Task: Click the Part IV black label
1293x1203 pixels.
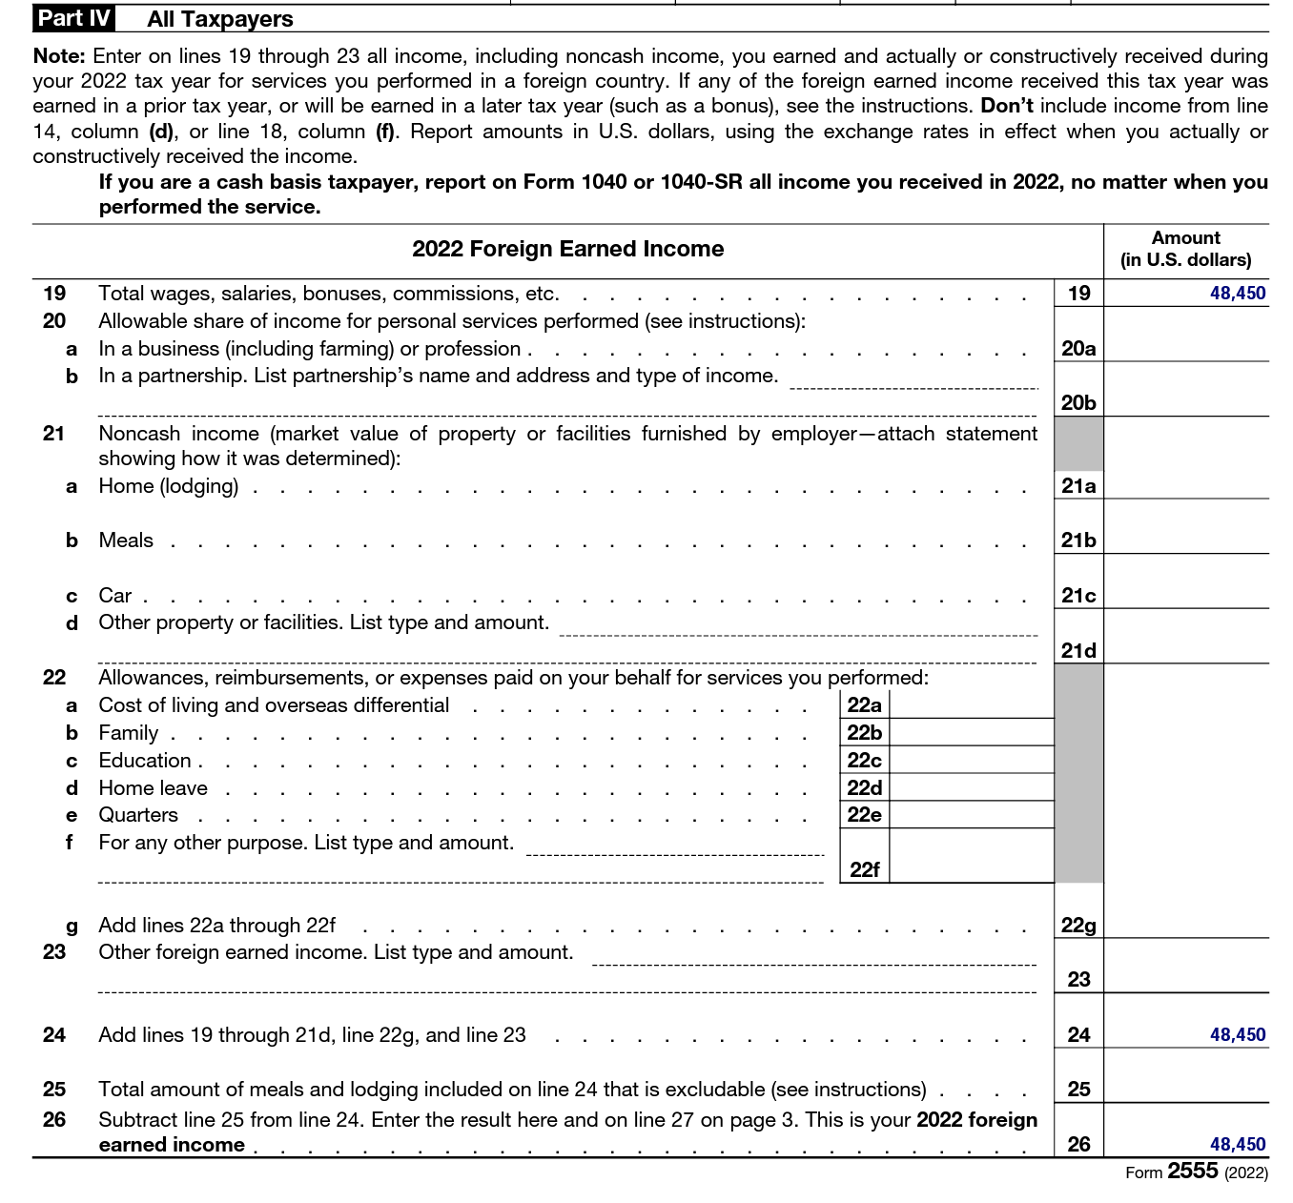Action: [x=73, y=18]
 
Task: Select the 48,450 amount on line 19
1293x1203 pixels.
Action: [x=1237, y=294]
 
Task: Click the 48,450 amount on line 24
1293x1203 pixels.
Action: [x=1237, y=1034]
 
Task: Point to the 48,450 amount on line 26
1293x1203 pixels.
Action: [x=1237, y=1144]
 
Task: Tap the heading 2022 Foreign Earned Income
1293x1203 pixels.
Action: [x=567, y=249]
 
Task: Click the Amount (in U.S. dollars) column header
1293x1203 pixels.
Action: [x=1185, y=249]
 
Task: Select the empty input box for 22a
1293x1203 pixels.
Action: [x=971, y=705]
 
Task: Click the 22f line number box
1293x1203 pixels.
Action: [x=864, y=868]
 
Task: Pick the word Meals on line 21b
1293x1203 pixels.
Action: [x=126, y=540]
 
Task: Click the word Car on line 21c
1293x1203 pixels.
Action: [x=114, y=596]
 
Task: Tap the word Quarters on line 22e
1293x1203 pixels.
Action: [x=138, y=815]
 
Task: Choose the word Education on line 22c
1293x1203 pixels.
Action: [x=145, y=761]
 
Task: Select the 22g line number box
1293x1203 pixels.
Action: [x=1078, y=925]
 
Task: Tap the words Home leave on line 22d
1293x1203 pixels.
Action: [x=153, y=788]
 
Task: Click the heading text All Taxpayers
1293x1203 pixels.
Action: [x=220, y=19]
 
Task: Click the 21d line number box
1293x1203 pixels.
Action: [x=1078, y=650]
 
